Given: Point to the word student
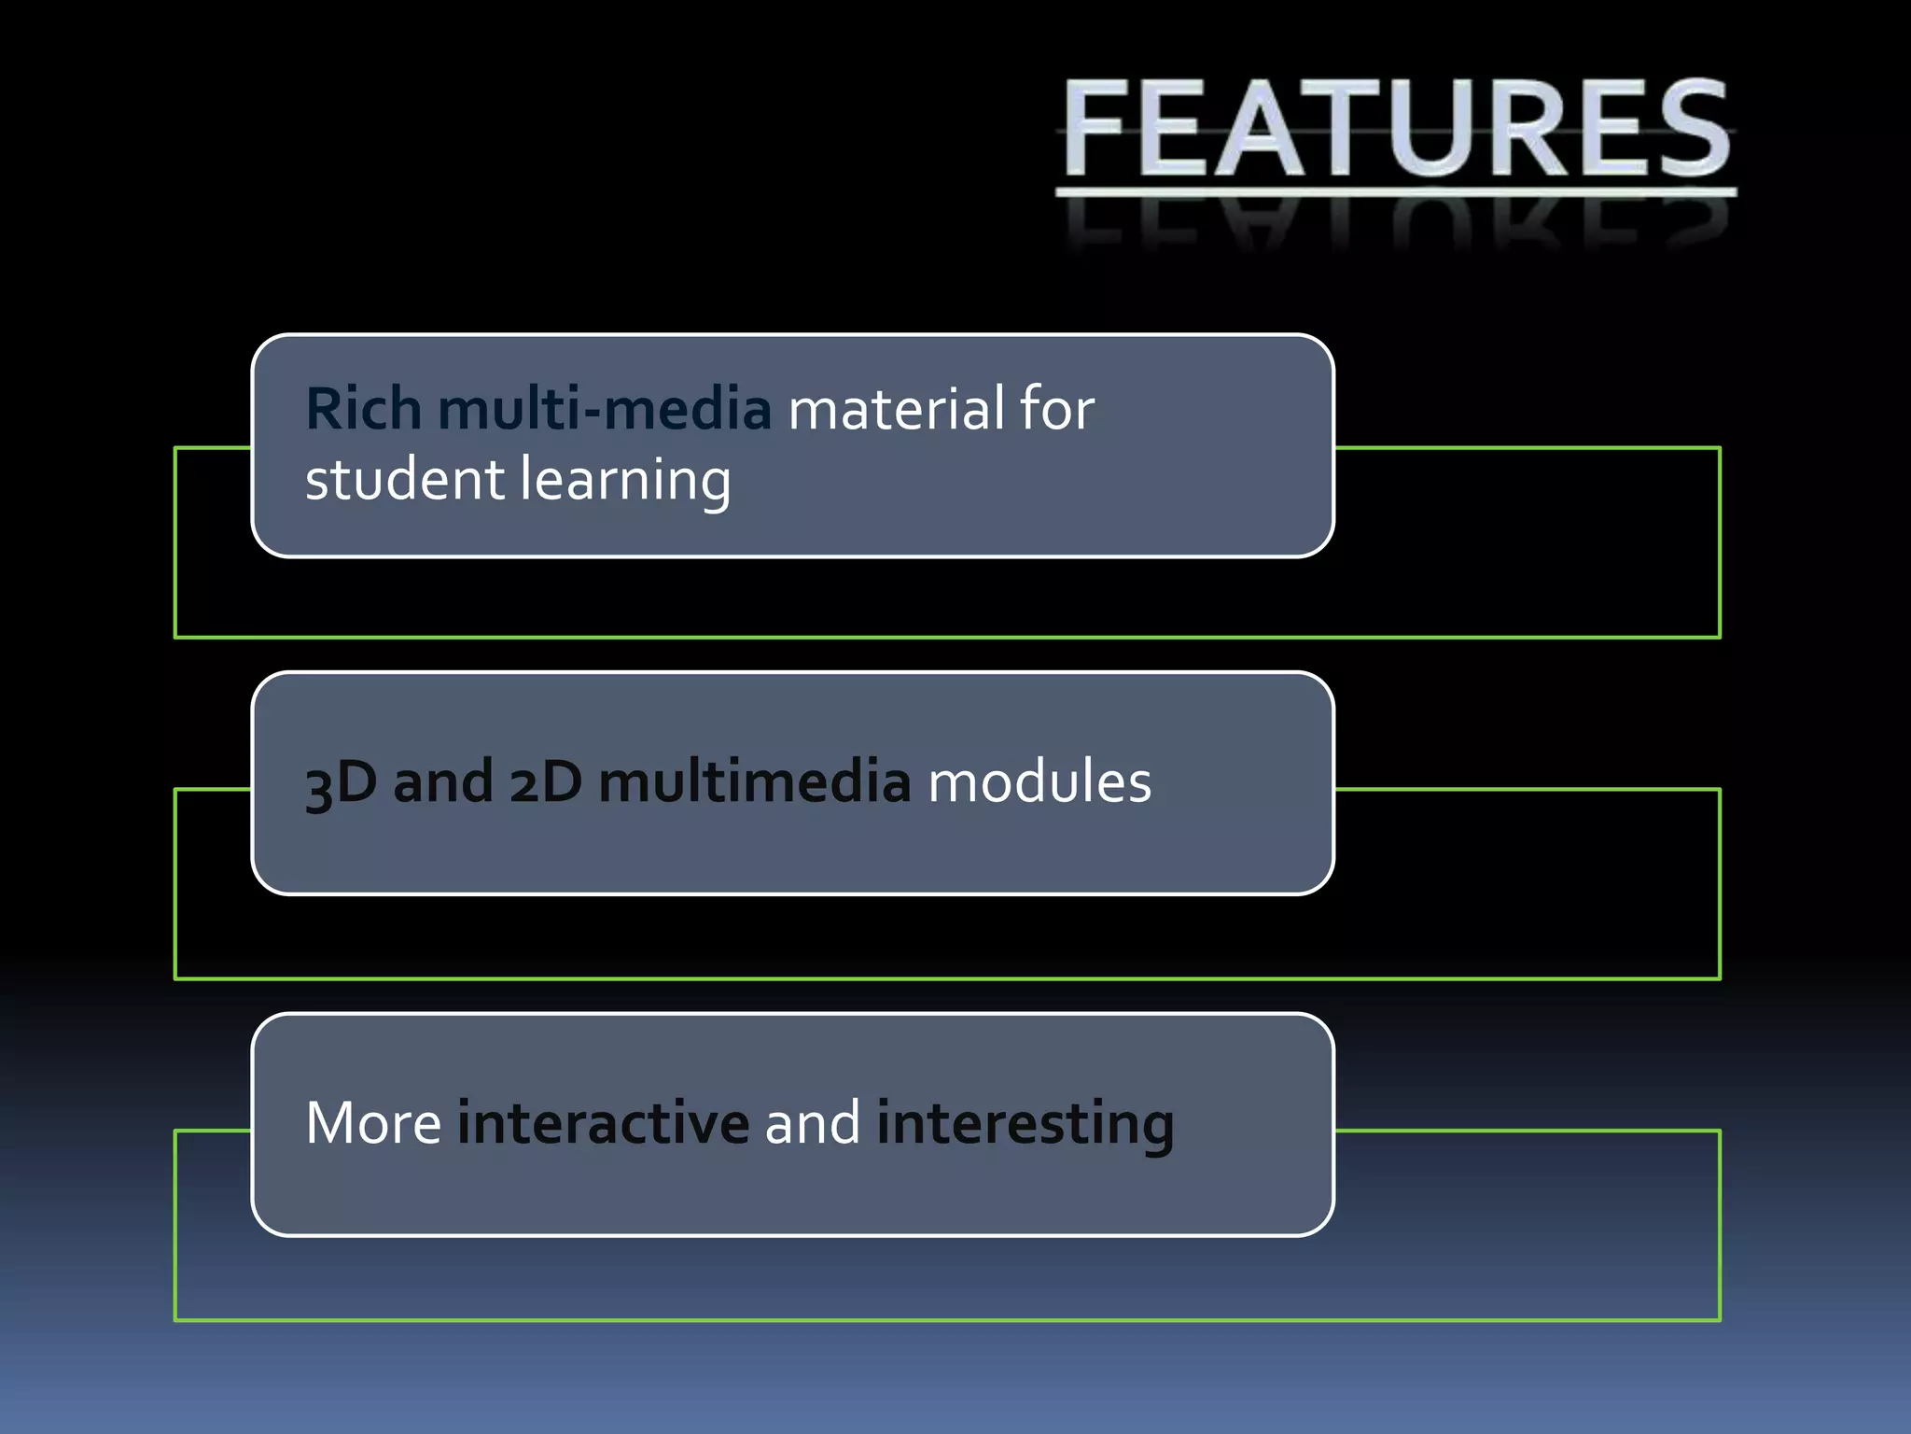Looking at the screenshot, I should pos(404,480).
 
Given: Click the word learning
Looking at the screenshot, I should pos(625,482).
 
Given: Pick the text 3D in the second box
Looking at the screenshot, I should pos(341,782).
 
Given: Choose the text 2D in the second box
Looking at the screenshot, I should pos(546,782).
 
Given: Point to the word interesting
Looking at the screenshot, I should pos(1025,1124).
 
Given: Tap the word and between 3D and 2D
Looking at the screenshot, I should pos(443,782).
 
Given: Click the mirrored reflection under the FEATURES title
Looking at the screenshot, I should pos(1397,224).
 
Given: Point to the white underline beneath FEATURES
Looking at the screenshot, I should pos(1397,192).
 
